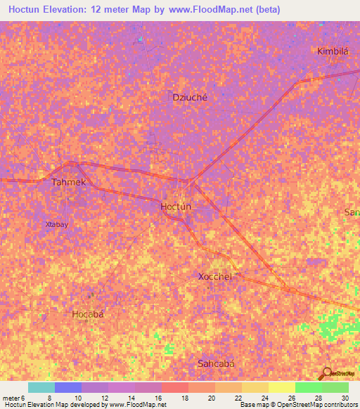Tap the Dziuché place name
click(190, 98)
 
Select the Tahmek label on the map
click(69, 182)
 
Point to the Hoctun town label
click(176, 206)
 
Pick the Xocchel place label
click(215, 276)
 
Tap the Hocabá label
click(88, 314)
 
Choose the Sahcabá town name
click(215, 363)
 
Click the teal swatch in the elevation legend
click(41, 387)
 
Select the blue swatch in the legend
click(67, 387)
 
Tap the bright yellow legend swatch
click(281, 387)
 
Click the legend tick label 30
click(344, 397)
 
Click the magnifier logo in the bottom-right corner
click(328, 374)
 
